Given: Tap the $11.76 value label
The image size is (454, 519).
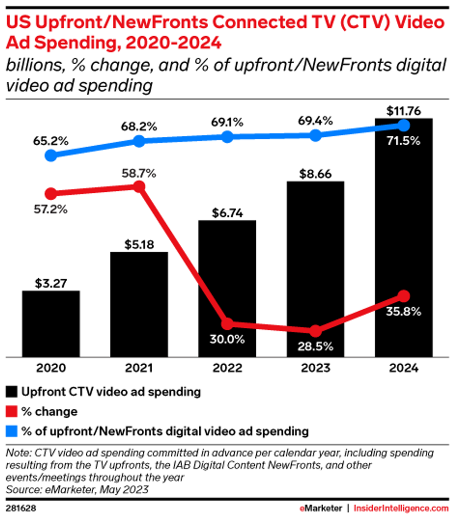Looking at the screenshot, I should (x=403, y=111).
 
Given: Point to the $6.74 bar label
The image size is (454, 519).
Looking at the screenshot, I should (x=227, y=213).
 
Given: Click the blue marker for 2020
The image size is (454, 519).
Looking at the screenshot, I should (x=51, y=156).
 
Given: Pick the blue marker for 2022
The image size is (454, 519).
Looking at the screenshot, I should (x=227, y=137).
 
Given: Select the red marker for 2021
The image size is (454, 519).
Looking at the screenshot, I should (x=139, y=187).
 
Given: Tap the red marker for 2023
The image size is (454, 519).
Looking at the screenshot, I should (x=316, y=330).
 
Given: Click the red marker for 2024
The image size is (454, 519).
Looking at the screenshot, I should (x=404, y=296).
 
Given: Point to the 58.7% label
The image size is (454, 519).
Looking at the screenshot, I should (x=139, y=173).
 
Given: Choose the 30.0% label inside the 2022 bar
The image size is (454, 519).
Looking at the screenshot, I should (x=227, y=339).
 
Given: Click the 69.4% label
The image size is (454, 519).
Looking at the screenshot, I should (x=315, y=121).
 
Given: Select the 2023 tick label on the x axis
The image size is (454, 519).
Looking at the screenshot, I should (x=316, y=368).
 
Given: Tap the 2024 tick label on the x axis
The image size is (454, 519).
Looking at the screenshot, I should (x=404, y=368).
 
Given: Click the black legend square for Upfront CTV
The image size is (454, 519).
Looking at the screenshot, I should (x=12, y=392).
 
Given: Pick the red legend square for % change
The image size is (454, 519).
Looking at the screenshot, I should (x=12, y=412).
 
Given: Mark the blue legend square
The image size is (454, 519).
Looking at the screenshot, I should (x=12, y=431).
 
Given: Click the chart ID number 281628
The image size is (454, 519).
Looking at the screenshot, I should (x=21, y=508).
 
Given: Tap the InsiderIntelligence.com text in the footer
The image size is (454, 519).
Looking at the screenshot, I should (x=401, y=508).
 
